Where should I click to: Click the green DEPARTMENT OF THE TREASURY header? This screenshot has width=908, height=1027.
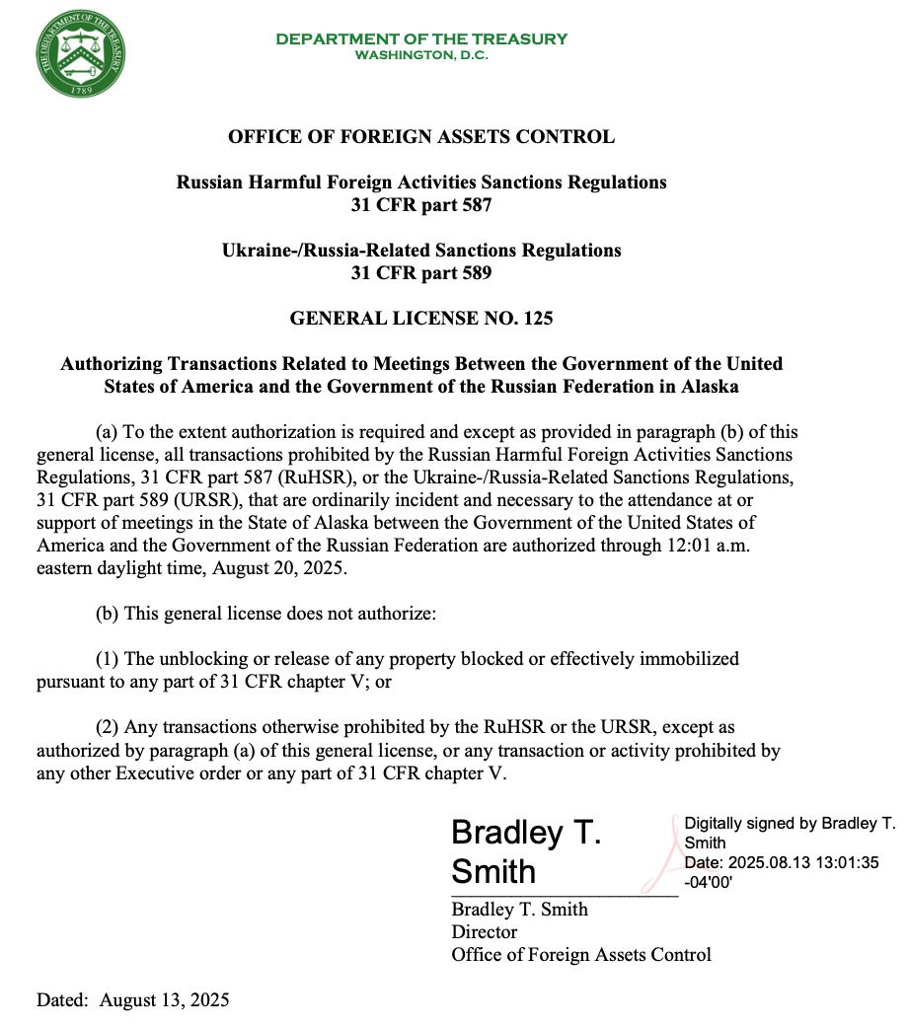421,38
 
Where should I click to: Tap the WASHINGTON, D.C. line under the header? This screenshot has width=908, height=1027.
421,54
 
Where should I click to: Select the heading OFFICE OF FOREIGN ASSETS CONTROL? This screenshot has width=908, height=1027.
421,137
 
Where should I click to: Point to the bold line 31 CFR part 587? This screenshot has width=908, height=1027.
421,205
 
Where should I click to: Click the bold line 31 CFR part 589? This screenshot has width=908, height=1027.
421,272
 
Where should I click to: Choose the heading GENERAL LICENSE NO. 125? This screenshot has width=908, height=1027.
421,318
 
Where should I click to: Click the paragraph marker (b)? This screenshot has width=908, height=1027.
108,613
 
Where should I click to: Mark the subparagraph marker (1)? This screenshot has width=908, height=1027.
108,658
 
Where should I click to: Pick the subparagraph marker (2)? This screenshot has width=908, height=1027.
108,728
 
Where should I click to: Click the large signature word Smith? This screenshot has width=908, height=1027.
493,871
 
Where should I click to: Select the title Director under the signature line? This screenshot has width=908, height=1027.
484,931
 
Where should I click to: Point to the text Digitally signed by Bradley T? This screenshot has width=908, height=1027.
789,823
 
